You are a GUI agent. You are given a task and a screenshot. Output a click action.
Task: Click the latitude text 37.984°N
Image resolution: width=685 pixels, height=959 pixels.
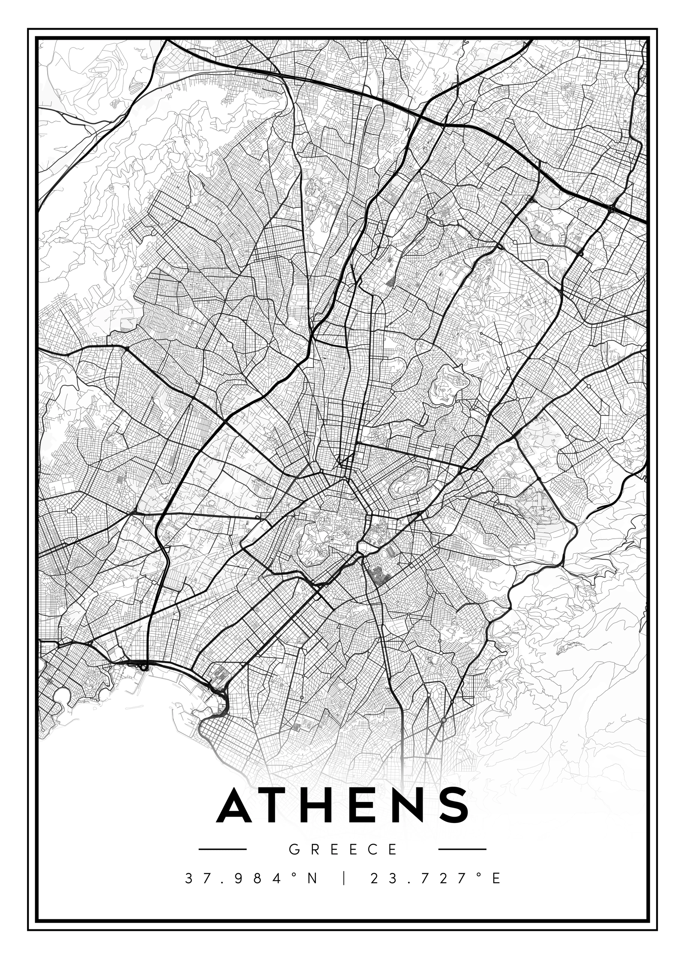[251, 878]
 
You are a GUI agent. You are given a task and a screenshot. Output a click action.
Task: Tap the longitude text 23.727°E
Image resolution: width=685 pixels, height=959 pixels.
[435, 878]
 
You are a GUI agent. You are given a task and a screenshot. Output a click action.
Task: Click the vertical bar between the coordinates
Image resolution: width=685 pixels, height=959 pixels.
[345, 878]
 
